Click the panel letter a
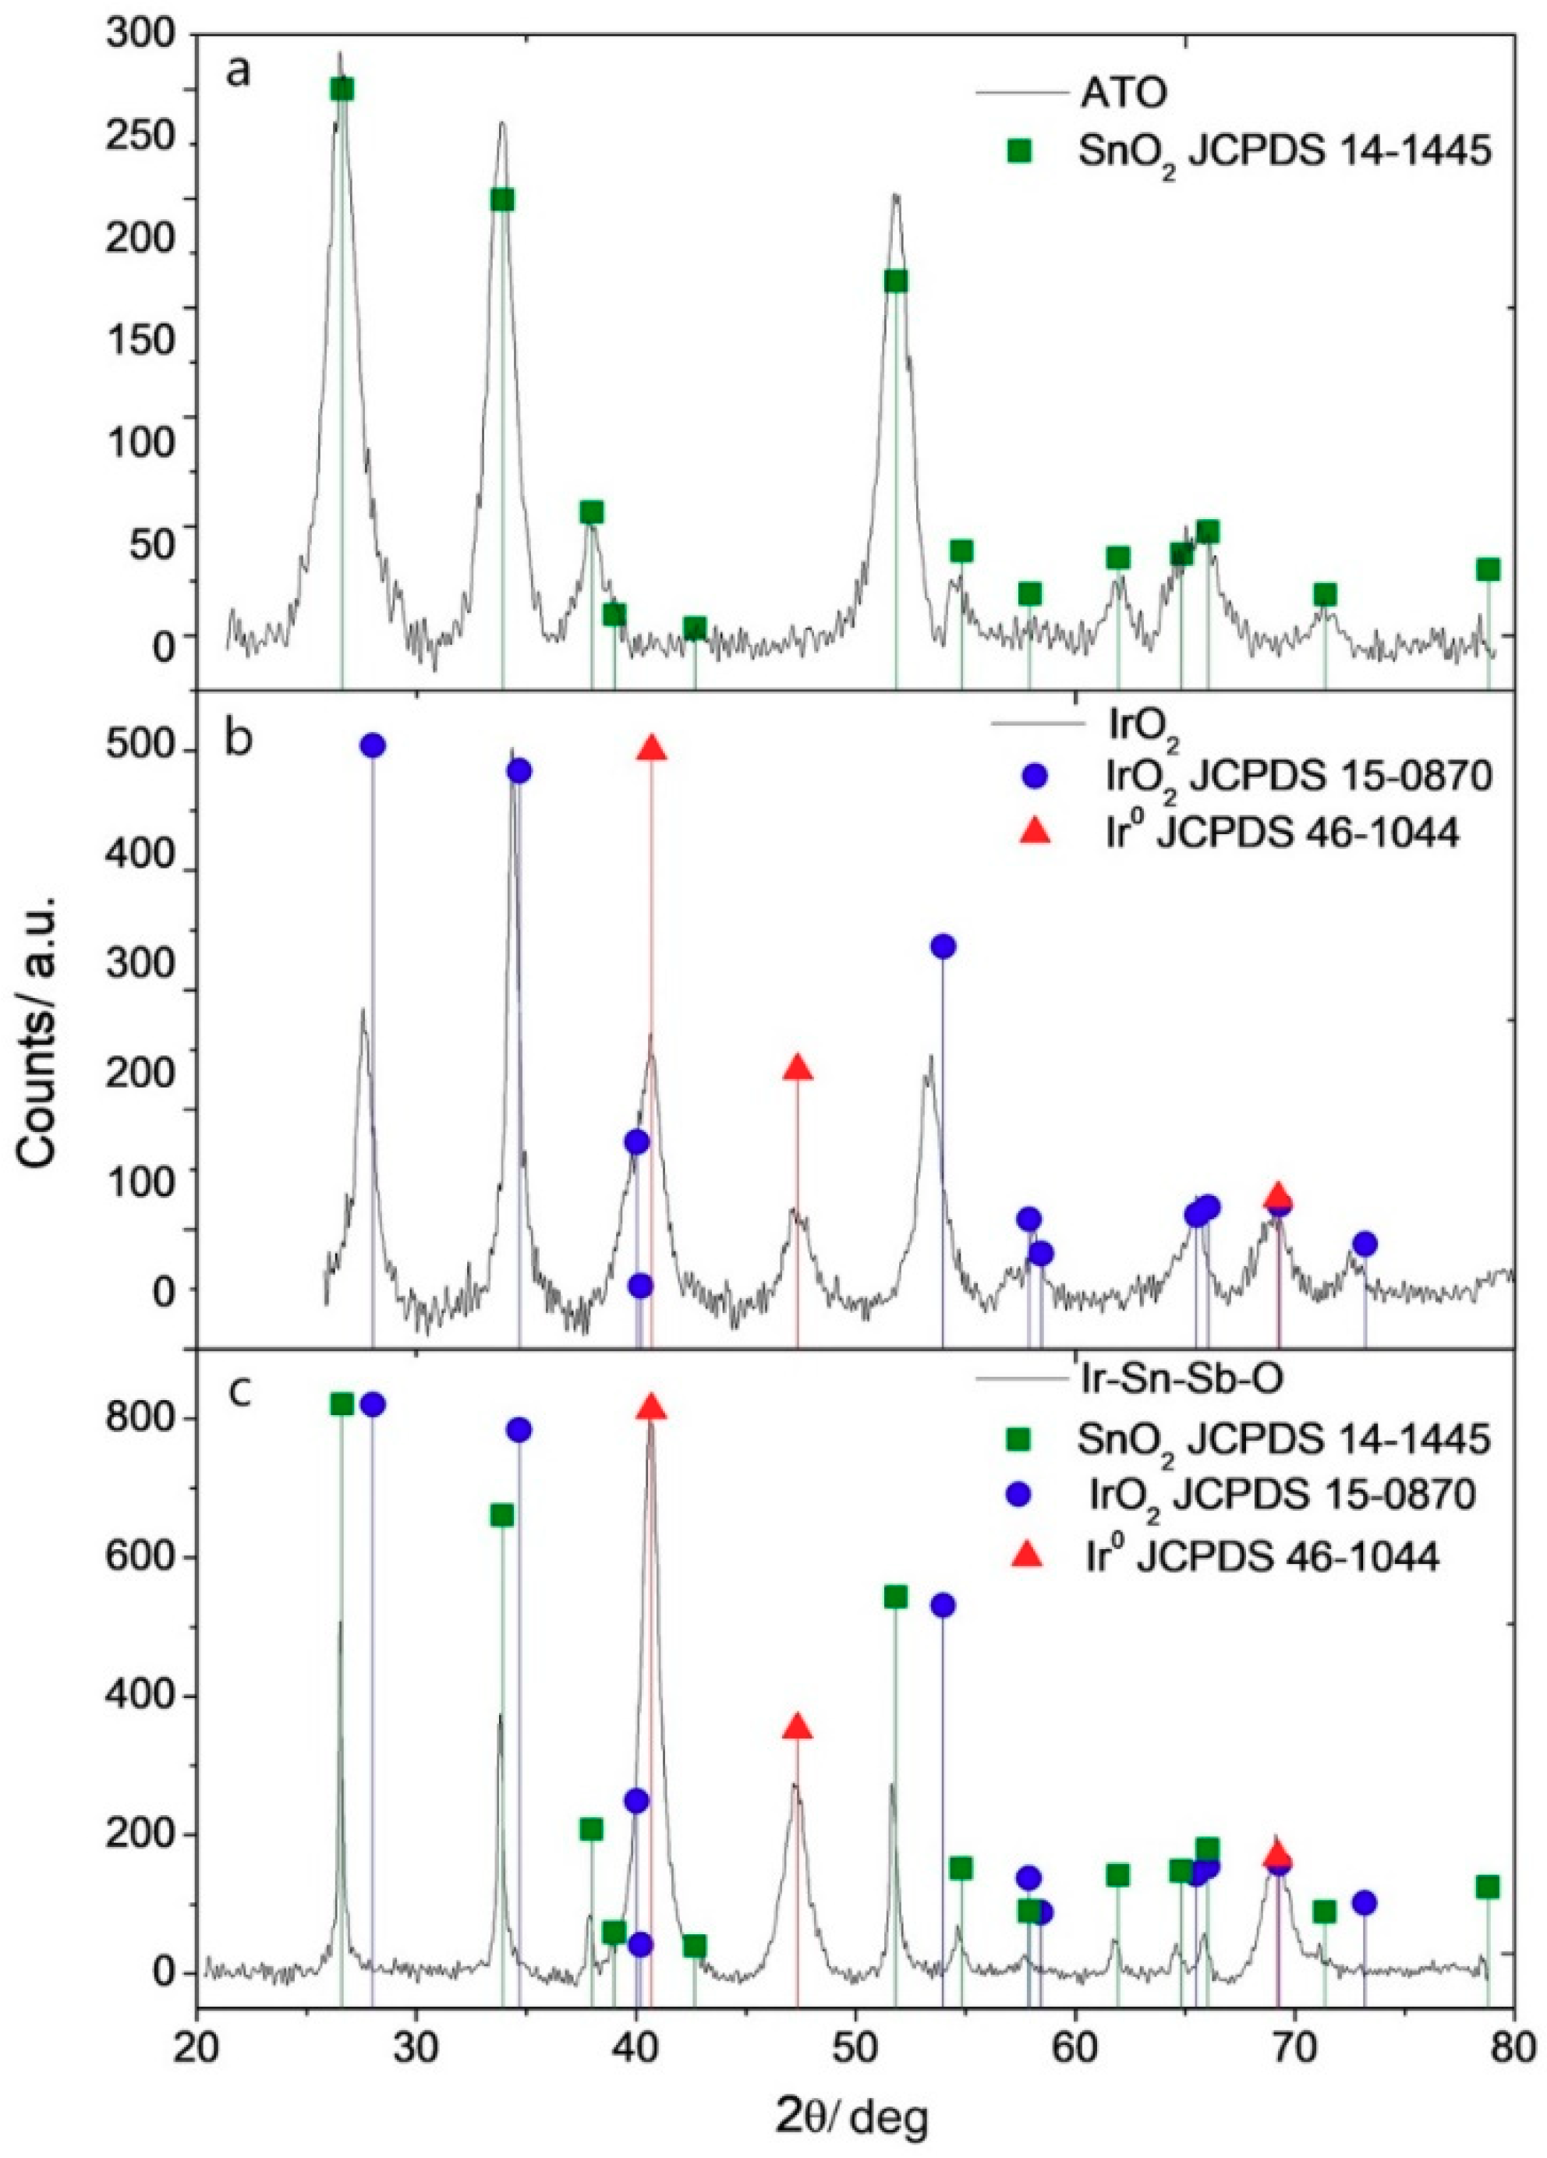tap(238, 73)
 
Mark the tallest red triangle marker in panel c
tap(651, 1407)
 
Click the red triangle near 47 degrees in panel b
tap(798, 1067)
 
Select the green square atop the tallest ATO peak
tap(342, 89)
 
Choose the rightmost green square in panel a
tap(1488, 569)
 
